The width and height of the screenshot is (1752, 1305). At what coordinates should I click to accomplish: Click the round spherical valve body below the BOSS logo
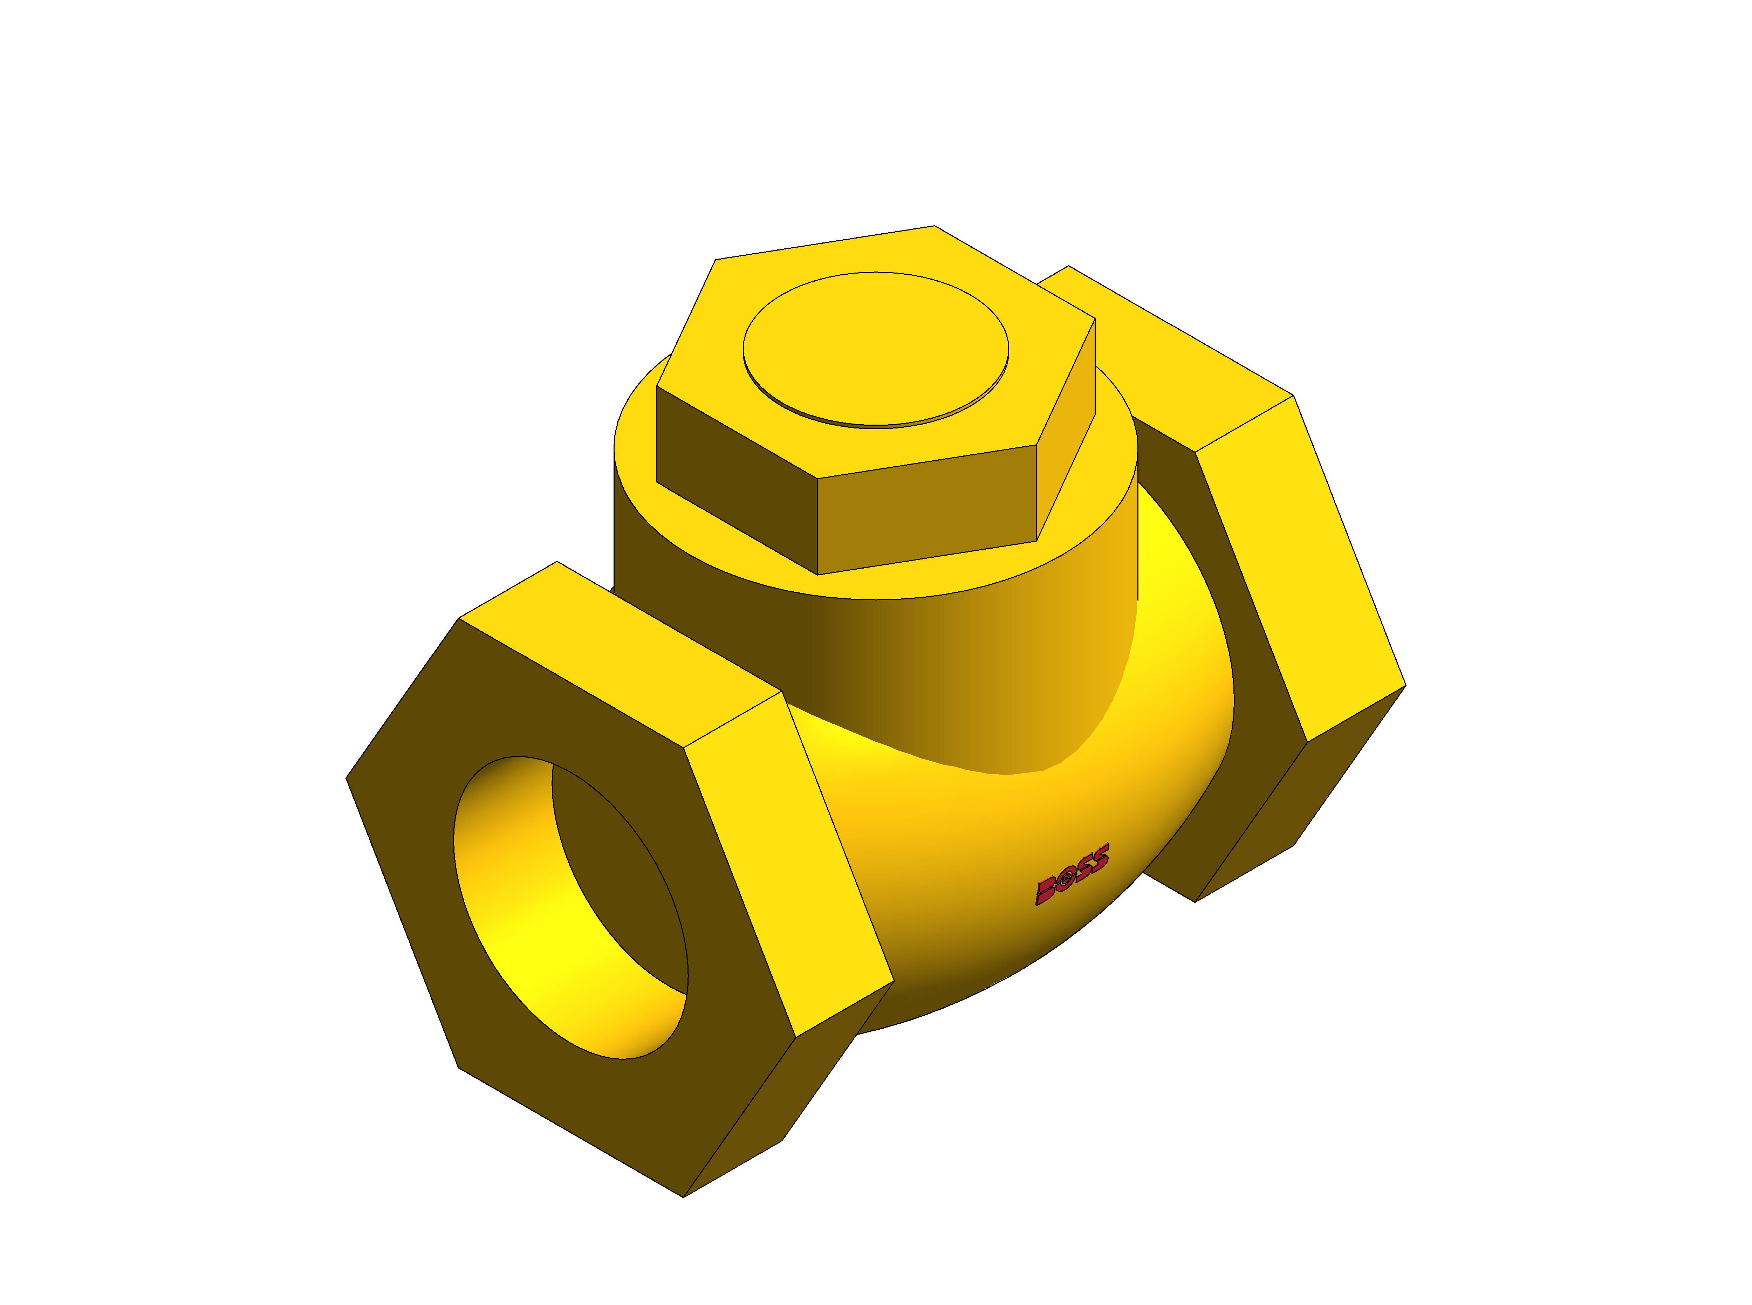pos(1027,948)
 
